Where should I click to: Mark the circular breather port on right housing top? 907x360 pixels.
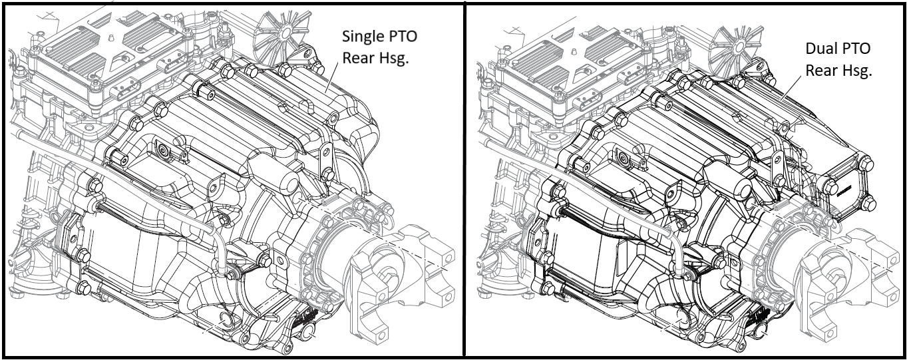624,158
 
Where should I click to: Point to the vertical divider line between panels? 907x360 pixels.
464,180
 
